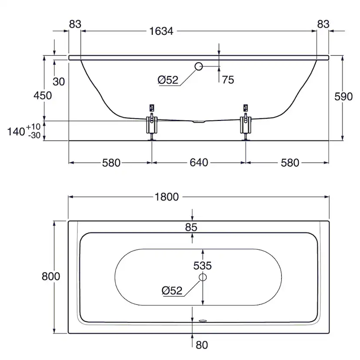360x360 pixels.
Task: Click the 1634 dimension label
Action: coord(161,31)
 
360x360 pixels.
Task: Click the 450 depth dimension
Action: coord(43,96)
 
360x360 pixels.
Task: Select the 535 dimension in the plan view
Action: coord(203,265)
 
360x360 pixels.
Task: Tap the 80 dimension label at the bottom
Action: coord(202,345)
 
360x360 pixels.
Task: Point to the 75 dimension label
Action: coord(228,80)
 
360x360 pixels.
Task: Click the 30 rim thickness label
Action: coord(59,81)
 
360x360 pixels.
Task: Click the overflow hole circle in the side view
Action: coord(198,67)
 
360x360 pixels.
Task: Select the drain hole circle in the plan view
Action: coord(203,277)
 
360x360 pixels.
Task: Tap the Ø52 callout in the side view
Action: coord(168,80)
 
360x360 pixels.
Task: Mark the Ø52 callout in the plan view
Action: coord(171,291)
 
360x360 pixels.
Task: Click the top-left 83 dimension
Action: coord(75,24)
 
